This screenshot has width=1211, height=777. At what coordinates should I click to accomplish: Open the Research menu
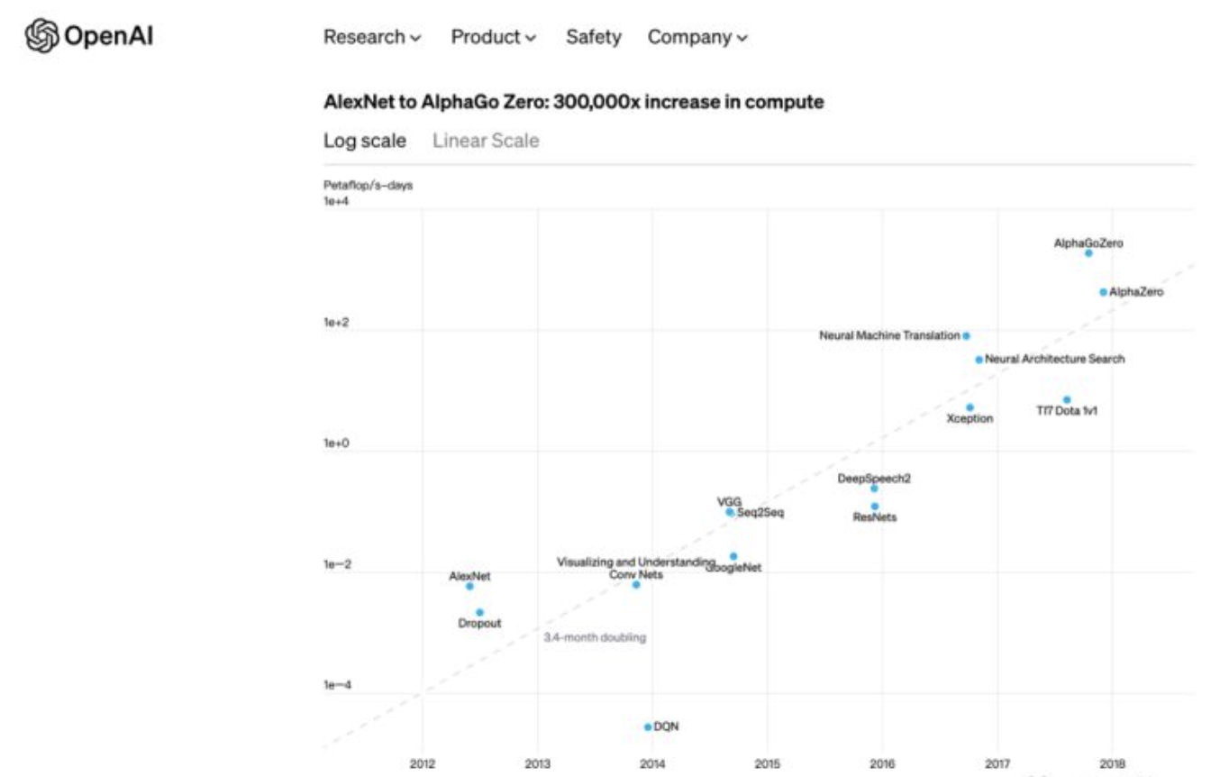coord(372,37)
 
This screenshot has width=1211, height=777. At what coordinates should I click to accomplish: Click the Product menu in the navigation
coord(493,37)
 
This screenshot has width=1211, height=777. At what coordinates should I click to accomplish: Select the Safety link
coord(593,37)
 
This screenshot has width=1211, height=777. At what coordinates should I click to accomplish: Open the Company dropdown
coord(697,37)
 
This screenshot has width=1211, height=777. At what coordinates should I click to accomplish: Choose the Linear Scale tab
coord(486,141)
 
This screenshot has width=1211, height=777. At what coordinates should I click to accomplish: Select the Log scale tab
coord(364,141)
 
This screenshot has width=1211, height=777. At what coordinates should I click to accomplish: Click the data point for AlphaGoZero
coord(1088,253)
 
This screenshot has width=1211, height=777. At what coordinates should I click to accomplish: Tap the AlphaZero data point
coord(1103,292)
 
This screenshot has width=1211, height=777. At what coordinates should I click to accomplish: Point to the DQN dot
coord(648,727)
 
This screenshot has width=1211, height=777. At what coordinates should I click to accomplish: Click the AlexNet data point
coord(469,586)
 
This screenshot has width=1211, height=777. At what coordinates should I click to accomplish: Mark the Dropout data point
coord(479,612)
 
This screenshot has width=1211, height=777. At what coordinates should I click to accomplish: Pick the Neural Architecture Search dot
coord(979,360)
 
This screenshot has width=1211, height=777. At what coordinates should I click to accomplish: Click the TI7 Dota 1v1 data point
coord(1067,399)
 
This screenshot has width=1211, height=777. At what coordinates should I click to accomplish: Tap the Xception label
coord(970,419)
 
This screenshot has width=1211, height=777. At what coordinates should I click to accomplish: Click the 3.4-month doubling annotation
coord(595,637)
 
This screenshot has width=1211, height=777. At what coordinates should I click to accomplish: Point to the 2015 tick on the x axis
coord(767,764)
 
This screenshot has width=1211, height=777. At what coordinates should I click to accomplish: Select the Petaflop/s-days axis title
coord(368,186)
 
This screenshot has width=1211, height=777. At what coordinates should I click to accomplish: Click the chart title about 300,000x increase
coord(573,102)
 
